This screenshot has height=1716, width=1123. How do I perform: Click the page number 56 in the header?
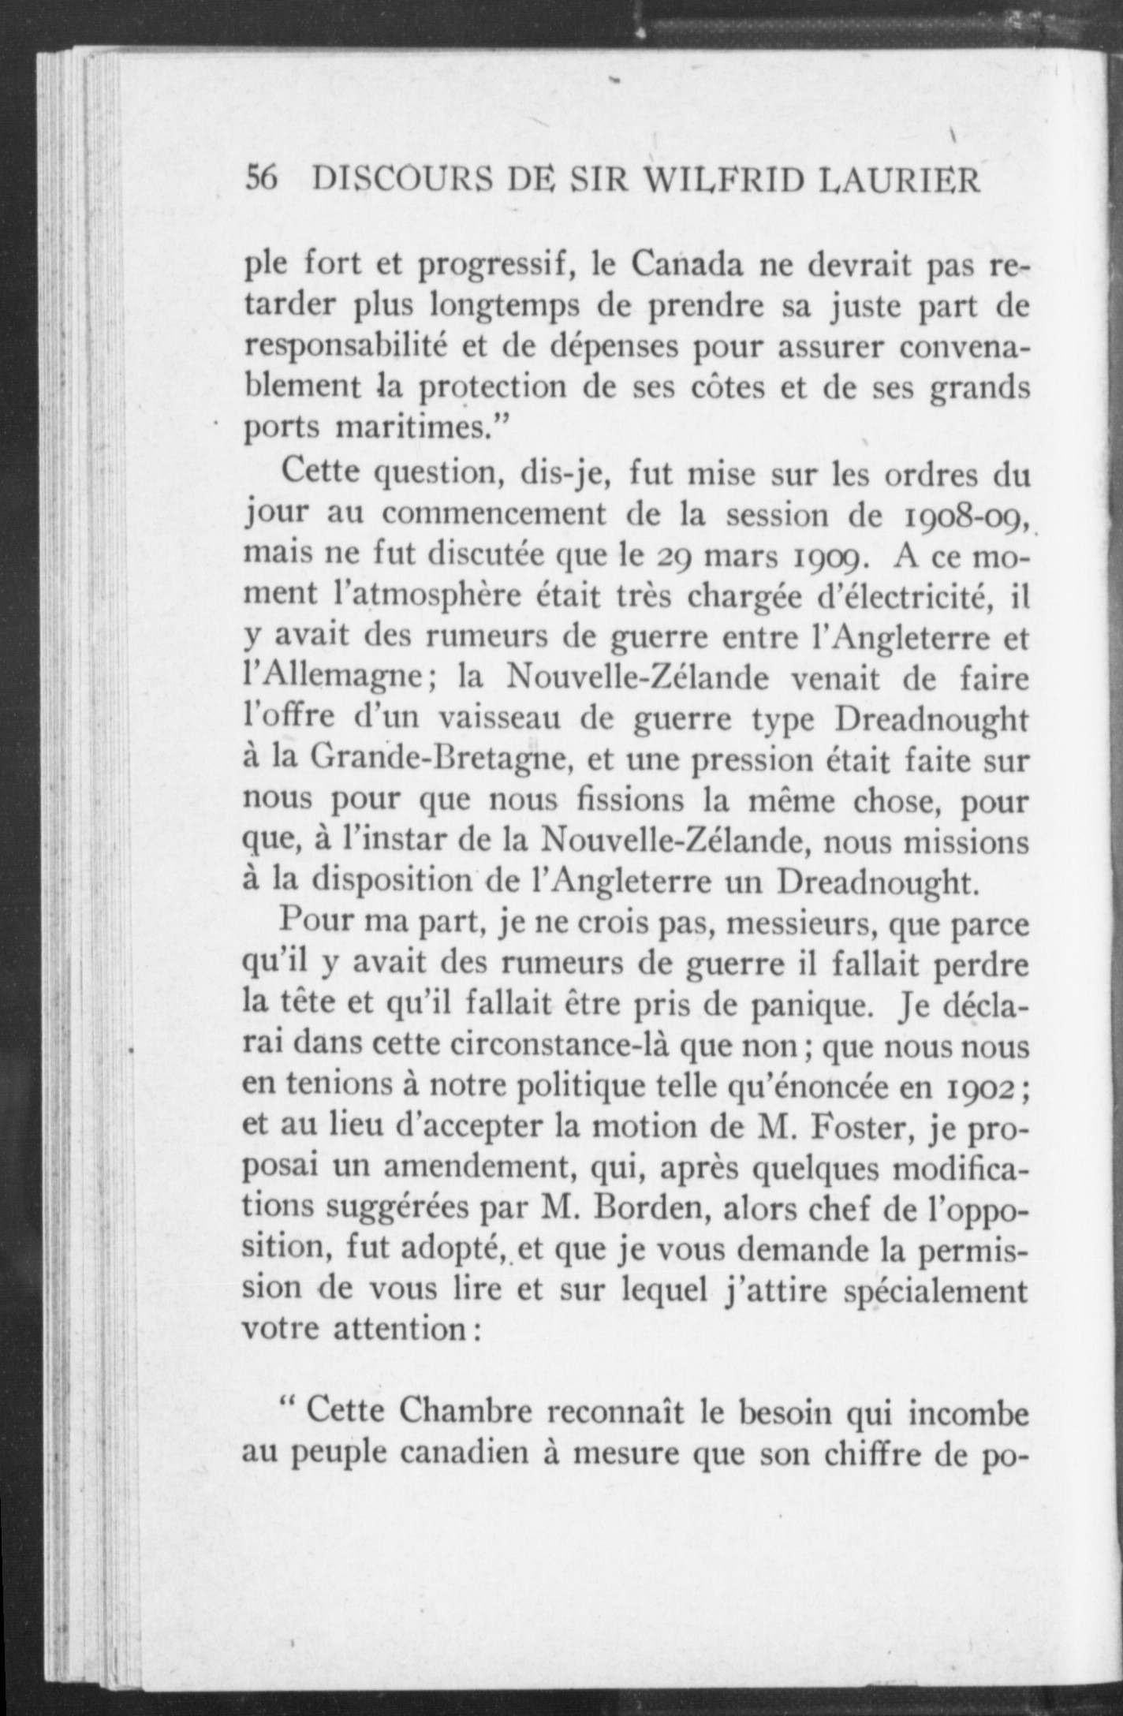(x=262, y=181)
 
